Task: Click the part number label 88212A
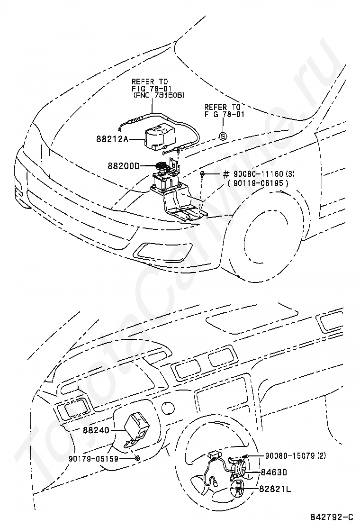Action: pos(113,138)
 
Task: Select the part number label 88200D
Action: pos(123,166)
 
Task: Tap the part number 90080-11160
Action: pos(256,174)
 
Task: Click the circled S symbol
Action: pos(223,136)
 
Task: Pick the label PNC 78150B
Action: pos(159,96)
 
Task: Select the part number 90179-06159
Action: pos(94,458)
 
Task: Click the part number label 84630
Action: pos(274,472)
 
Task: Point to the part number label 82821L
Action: pos(275,489)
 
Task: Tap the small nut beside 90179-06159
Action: pos(137,458)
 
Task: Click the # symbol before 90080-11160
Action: pos(226,174)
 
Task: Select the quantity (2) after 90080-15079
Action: pos(322,455)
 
